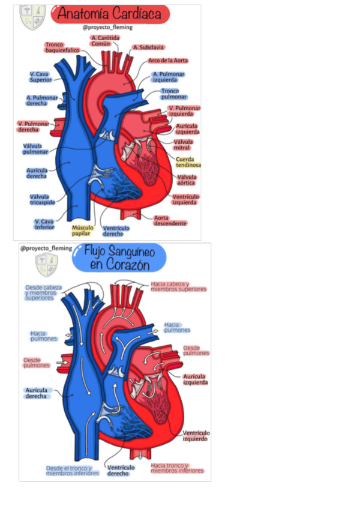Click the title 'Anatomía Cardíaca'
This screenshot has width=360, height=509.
108,14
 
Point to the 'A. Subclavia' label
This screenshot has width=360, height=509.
148,47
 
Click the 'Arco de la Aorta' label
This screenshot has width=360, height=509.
167,61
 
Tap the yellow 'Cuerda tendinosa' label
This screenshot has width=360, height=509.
188,162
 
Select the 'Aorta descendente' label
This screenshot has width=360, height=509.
170,220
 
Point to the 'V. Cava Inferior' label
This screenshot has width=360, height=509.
44,224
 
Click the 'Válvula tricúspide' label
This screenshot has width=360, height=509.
40,199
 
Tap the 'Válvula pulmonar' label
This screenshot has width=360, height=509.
35,148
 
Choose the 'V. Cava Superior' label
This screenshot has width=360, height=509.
40,77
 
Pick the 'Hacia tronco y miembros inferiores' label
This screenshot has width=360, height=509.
178,468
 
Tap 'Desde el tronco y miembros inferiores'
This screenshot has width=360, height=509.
72,471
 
